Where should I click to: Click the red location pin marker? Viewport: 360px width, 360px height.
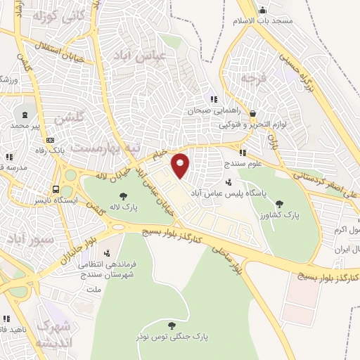pyautogui.click(x=181, y=165)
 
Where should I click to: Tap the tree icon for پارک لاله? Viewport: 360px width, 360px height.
pyautogui.click(x=124, y=196)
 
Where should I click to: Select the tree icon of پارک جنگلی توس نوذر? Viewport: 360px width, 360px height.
pyautogui.click(x=172, y=325)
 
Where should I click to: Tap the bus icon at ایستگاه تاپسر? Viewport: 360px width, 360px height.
pyautogui.click(x=56, y=188)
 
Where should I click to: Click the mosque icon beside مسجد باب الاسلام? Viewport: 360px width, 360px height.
pyautogui.click(x=263, y=10)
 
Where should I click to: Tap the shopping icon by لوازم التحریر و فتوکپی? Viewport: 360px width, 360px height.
pyautogui.click(x=252, y=112)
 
